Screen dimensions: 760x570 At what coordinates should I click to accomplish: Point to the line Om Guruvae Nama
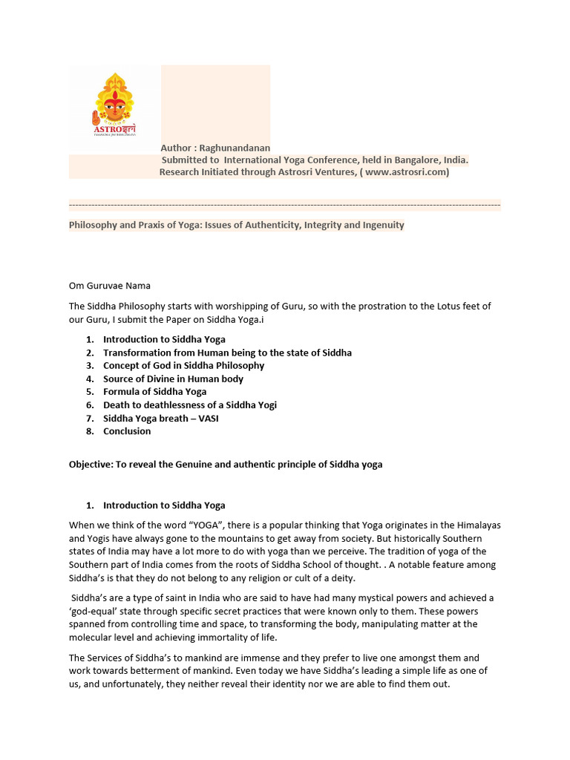pyautogui.click(x=110, y=286)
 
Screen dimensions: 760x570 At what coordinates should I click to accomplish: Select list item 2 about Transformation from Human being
pyautogui.click(x=227, y=353)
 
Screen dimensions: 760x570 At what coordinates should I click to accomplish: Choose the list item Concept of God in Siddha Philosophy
pyautogui.click(x=183, y=365)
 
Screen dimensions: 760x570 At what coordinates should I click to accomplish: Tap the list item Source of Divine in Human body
pyautogui.click(x=173, y=379)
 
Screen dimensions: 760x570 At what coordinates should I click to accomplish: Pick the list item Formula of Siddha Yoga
pyautogui.click(x=154, y=391)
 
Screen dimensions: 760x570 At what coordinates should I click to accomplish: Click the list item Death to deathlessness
pyautogui.click(x=189, y=404)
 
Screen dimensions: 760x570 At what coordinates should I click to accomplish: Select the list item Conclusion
pyautogui.click(x=127, y=430)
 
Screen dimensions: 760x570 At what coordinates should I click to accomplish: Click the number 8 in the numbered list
pyautogui.click(x=88, y=430)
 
